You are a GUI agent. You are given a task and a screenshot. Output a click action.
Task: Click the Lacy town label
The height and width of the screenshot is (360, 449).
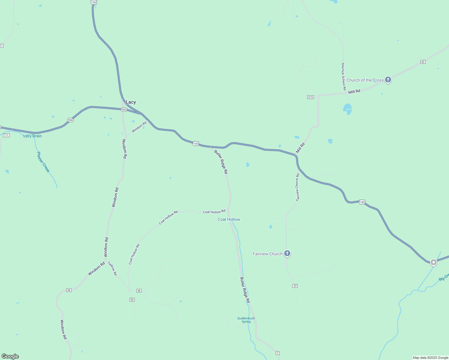coord(131,102)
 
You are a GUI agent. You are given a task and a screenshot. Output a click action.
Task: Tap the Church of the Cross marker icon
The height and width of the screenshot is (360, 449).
coord(388,80)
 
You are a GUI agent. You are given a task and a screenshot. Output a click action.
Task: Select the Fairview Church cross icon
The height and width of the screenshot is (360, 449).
coord(287,253)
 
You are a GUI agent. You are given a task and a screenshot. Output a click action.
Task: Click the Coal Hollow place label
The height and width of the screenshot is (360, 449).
coord(229,219)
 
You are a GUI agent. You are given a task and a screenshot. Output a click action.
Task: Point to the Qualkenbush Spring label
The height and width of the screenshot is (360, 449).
coord(246,320)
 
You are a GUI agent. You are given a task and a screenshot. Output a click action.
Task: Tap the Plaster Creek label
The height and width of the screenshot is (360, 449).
coord(43,162)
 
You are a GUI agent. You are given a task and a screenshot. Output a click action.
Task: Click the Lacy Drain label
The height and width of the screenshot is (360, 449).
coord(32,136)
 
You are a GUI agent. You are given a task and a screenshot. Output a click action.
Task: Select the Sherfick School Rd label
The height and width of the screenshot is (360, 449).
coord(343,76)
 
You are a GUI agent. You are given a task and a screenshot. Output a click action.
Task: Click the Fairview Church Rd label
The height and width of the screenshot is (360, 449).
coord(297,187)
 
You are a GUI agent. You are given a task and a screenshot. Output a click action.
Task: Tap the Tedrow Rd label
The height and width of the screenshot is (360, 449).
coord(112,268)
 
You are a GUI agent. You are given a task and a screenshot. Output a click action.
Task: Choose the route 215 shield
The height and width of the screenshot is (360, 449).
coord(310,97)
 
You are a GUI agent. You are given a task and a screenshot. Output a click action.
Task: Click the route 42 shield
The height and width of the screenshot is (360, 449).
coord(423,62)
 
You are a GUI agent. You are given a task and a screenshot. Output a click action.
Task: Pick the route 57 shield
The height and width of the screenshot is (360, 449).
coord(295,286)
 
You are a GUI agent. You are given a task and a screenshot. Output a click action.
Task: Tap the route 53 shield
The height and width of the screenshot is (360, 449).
coord(132,300)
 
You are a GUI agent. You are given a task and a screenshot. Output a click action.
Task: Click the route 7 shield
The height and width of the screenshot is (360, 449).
coord(278,353)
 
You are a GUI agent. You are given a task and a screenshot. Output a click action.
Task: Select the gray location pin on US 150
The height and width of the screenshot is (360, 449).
coord(433,262)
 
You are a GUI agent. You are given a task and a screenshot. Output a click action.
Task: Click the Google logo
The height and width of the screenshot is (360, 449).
coord(10,356)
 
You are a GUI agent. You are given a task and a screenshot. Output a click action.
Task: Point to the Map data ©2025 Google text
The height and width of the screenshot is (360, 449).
coord(430,358)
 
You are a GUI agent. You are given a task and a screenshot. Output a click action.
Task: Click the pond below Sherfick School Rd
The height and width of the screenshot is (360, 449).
coord(348,109)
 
